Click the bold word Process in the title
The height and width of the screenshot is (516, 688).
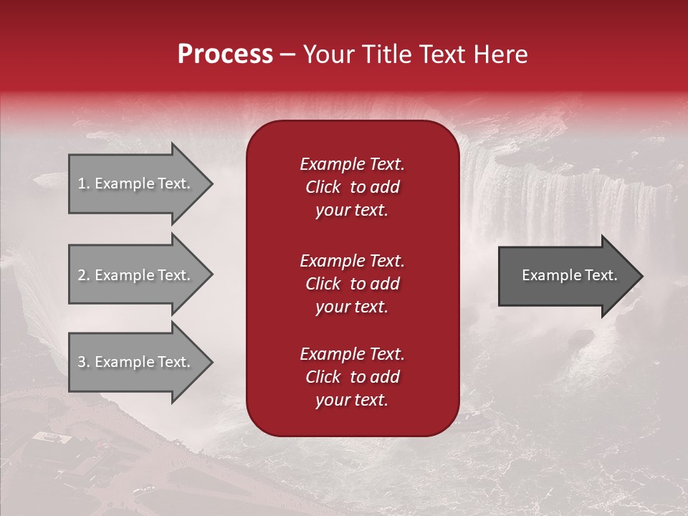point(225,54)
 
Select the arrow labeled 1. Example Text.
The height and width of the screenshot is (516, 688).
point(136,183)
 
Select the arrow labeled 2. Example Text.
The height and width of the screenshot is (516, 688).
point(136,275)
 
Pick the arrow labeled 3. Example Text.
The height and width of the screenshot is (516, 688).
point(136,362)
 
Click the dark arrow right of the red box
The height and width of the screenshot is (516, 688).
point(566,276)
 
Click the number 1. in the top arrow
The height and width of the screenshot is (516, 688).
point(83,183)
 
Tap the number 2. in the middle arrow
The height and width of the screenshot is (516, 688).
point(83,275)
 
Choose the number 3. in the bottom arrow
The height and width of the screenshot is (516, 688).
point(83,362)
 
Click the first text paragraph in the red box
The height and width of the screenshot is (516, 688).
point(352,187)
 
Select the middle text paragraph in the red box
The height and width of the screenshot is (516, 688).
point(352,284)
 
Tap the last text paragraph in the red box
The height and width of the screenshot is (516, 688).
point(352,377)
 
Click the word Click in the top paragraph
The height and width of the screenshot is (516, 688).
point(322,187)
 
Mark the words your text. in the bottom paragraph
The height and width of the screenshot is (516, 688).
point(352,401)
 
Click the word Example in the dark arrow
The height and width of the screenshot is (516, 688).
point(548,275)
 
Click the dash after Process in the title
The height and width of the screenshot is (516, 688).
point(287,54)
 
